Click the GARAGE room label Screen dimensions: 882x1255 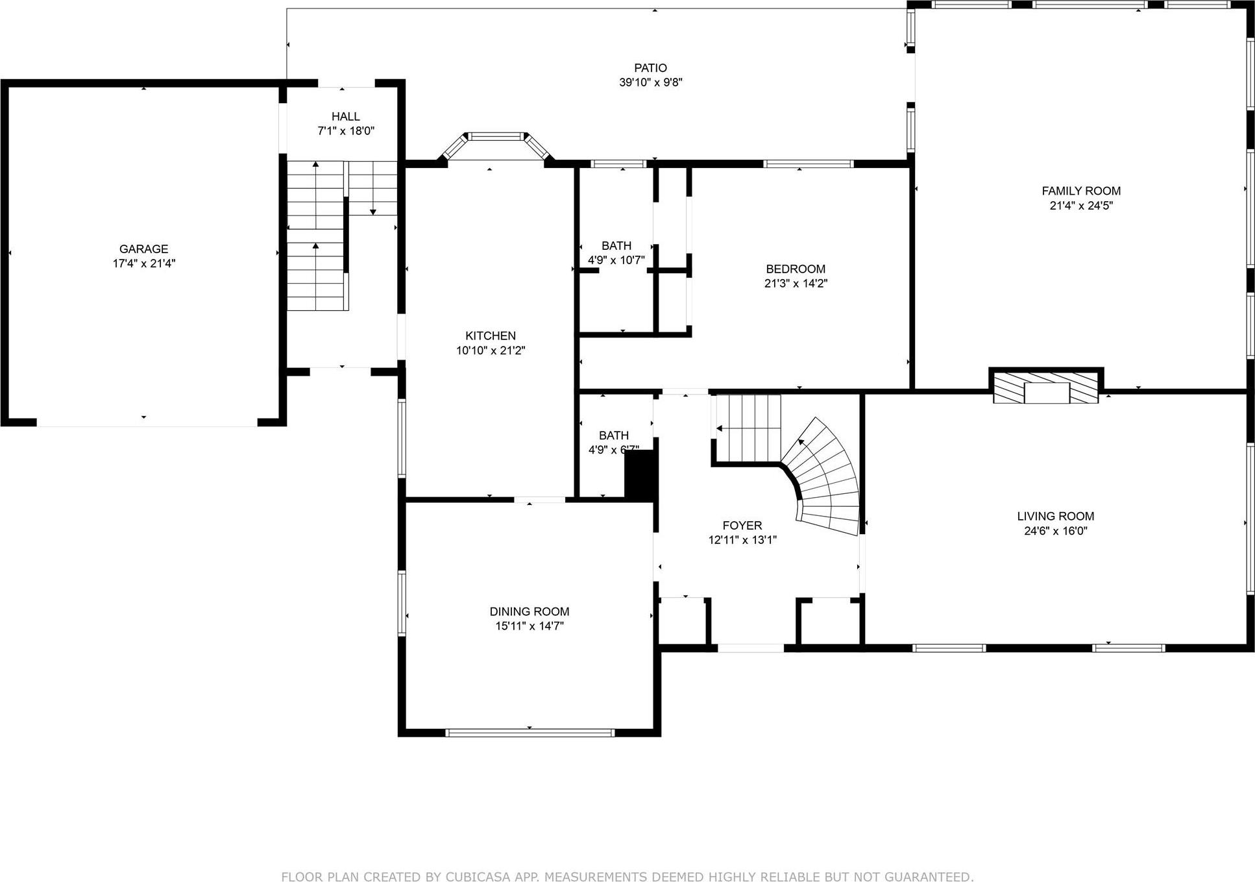pos(143,249)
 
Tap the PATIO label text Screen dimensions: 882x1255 pos(650,68)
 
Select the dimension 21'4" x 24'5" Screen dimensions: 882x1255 pos(1081,206)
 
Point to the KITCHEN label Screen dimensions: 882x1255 pos(491,336)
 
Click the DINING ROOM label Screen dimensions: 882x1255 pos(530,611)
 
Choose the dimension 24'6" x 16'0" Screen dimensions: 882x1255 pos(1056,531)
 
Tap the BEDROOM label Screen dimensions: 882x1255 pos(796,269)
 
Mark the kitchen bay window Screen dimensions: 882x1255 pos(496,138)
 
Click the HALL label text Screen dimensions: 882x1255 pos(346,117)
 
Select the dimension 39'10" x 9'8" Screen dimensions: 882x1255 pos(650,82)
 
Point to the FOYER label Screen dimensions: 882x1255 pos(742,526)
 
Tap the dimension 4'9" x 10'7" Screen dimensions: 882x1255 pos(616,260)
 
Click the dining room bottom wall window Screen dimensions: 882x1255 pos(530,733)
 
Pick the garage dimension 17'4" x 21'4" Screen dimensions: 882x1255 pos(143,263)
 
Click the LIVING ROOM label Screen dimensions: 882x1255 pos(1056,517)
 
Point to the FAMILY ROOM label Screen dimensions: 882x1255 pos(1081,191)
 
